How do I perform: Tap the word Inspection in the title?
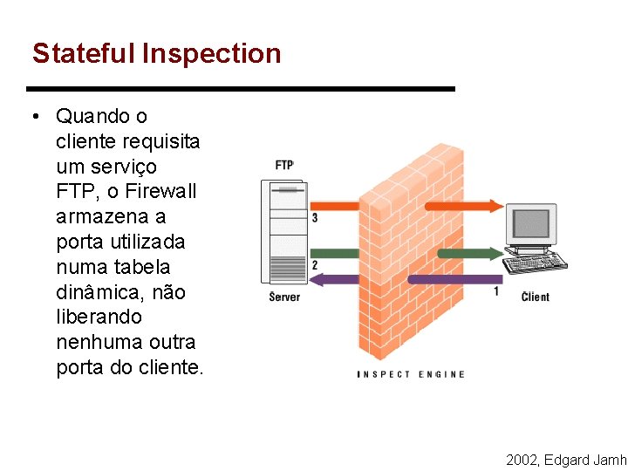point(211,54)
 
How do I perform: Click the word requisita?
point(161,140)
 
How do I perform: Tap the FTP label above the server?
point(284,165)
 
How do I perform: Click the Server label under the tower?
point(284,297)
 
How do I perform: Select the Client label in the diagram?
point(536,297)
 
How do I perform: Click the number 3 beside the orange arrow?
point(314,217)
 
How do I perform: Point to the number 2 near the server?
point(314,264)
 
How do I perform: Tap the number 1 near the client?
point(496,290)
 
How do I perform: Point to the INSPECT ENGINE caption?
point(411,374)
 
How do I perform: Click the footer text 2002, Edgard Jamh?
point(566,459)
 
